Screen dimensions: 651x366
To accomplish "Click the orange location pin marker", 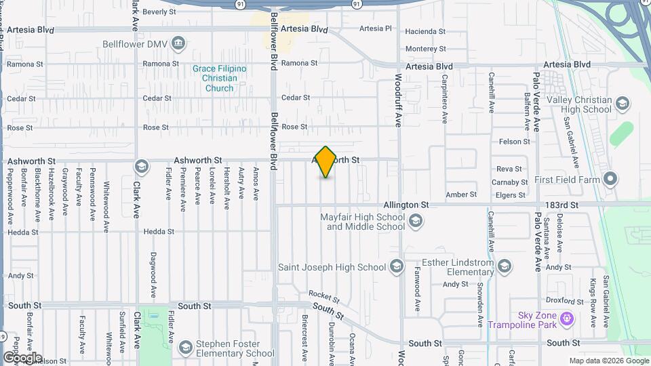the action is coord(325,162).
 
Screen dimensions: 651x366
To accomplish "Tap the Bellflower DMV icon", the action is coord(178,44).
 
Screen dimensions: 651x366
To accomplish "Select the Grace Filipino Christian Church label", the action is coord(219,79).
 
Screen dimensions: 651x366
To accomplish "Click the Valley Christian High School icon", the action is coord(623,104).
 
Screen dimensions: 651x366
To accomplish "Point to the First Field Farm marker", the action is coord(610,180).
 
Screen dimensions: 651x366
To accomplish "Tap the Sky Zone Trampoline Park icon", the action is coord(568,317).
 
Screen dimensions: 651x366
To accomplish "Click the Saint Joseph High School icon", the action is coord(395,267).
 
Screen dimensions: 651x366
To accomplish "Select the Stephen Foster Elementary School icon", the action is coord(185,348).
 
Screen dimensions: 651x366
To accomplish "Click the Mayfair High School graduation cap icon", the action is coord(415,221).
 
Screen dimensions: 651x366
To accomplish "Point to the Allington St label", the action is coord(406,204).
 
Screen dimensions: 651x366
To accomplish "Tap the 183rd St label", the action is coord(565,204).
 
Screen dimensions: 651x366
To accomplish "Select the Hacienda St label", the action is coord(425,31).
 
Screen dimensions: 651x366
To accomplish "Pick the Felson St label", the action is coord(514,142).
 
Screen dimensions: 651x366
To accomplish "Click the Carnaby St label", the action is coord(509,182).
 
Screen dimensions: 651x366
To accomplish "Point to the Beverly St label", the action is coord(155,12).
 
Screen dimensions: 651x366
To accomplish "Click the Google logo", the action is coord(22,357).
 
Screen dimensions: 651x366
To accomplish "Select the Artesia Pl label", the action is coord(376,28).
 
